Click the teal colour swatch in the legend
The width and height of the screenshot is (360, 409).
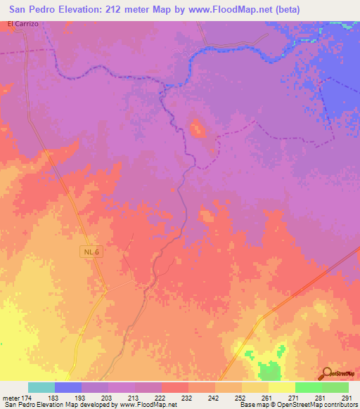(41, 387)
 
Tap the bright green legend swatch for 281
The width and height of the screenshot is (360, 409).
(308, 387)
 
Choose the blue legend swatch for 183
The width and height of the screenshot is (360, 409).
(68, 387)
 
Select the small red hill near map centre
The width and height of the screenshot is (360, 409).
(195, 128)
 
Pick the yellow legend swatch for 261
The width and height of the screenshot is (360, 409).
(255, 387)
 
